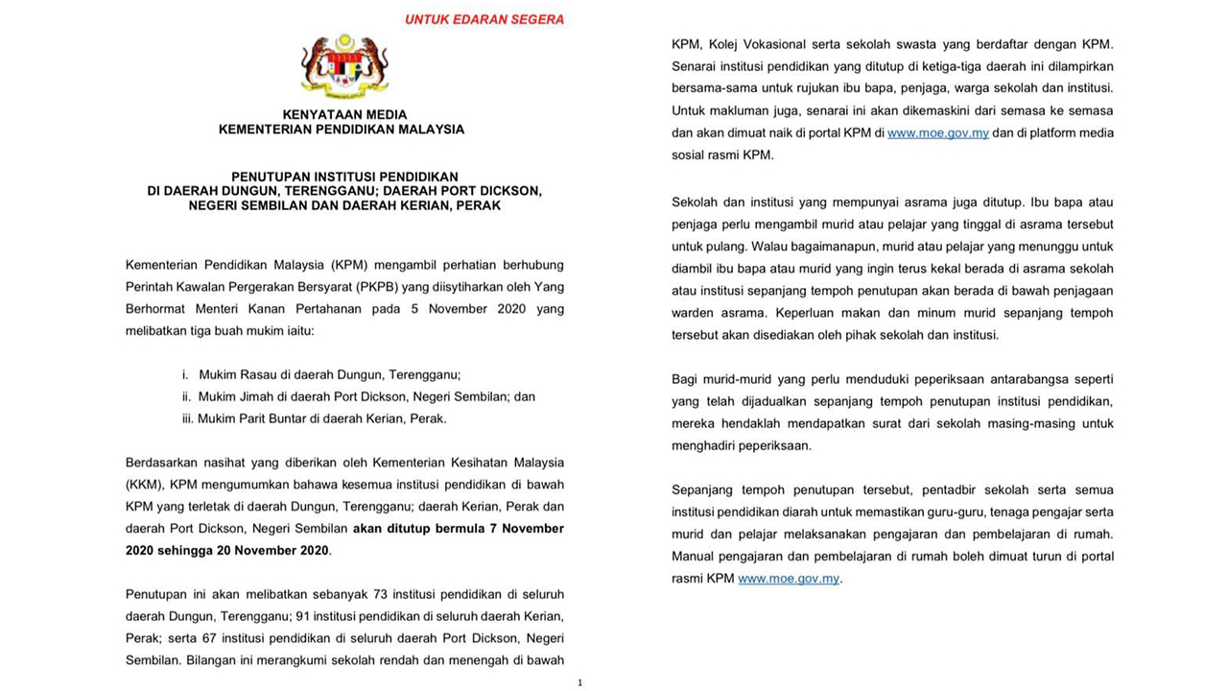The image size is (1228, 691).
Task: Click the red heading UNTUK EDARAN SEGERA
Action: pyautogui.click(x=484, y=19)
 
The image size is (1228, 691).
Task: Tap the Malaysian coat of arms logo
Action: pyautogui.click(x=343, y=67)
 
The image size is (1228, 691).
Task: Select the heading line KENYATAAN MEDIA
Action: pyautogui.click(x=344, y=114)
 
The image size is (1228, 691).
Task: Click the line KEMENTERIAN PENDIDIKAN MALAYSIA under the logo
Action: pyautogui.click(x=342, y=130)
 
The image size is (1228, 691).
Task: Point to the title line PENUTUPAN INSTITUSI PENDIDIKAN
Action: pyautogui.click(x=344, y=177)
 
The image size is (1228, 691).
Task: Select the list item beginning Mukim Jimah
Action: pyautogui.click(x=366, y=396)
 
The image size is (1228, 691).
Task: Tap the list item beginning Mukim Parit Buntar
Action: pyautogui.click(x=322, y=418)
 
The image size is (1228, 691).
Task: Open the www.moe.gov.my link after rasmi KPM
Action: pyautogui.click(x=789, y=579)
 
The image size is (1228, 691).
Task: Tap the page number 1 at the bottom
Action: pyautogui.click(x=580, y=682)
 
